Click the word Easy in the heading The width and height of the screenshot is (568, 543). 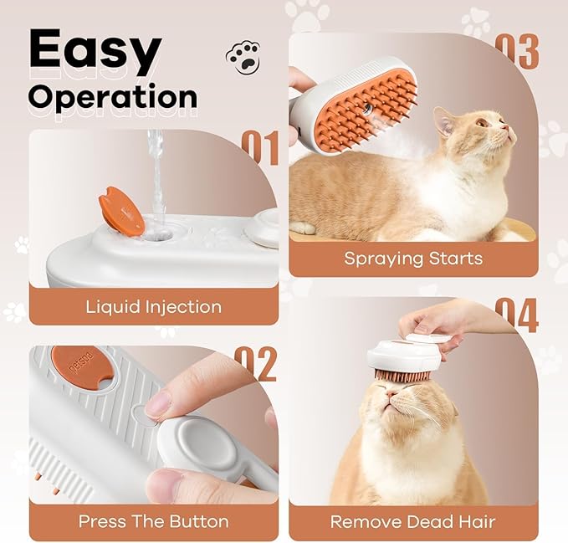[x=94, y=52]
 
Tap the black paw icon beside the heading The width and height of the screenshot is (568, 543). [x=243, y=57]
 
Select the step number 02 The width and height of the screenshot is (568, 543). [x=255, y=363]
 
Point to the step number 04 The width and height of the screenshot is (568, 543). [x=516, y=315]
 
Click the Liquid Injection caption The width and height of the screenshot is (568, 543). [x=153, y=306]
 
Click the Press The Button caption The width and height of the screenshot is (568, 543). [x=153, y=521]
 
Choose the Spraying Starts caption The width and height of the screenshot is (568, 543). [x=413, y=258]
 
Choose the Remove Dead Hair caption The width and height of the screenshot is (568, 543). [x=413, y=522]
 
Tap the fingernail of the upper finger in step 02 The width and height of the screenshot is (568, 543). [x=158, y=405]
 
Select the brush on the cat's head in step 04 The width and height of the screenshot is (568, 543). [x=404, y=355]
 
